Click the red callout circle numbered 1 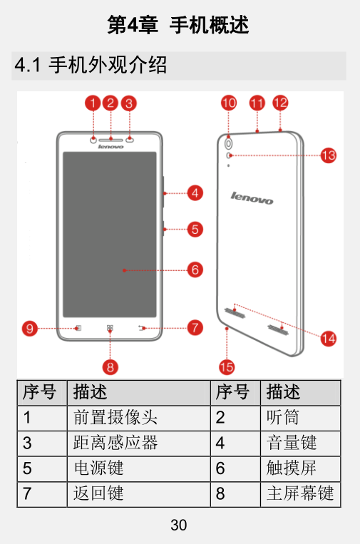(x=93, y=103)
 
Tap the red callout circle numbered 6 (x=195, y=270)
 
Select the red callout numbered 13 (x=328, y=155)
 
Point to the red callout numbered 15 (x=227, y=367)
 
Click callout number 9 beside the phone (x=30, y=328)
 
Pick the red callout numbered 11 (x=257, y=103)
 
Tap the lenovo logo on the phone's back (x=252, y=197)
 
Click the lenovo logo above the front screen (x=110, y=147)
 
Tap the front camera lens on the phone (x=93, y=140)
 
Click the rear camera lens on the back (x=229, y=143)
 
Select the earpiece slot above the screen (x=110, y=140)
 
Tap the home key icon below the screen (x=110, y=327)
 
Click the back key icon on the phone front (x=141, y=327)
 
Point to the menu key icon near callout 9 (x=78, y=328)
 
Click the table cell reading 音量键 (x=292, y=443)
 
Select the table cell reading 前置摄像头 (x=115, y=417)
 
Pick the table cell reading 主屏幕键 (x=300, y=493)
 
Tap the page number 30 (x=179, y=525)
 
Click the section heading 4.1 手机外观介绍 (x=91, y=65)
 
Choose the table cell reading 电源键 (x=98, y=468)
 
